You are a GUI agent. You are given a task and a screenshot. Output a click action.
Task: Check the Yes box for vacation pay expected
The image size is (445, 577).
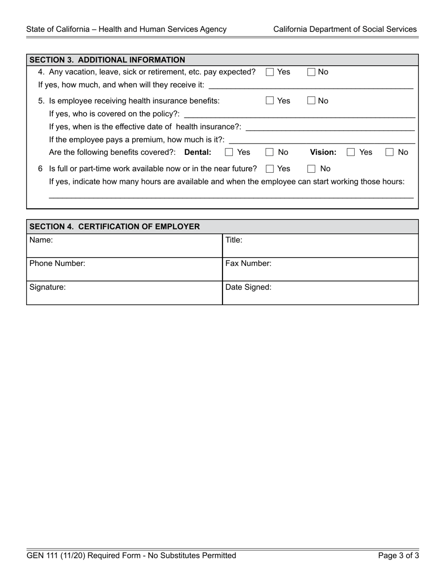tap(270, 72)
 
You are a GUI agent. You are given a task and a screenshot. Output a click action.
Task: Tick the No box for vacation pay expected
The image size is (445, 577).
tap(311, 72)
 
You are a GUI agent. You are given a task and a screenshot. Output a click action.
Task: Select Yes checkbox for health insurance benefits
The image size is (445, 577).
tap(270, 101)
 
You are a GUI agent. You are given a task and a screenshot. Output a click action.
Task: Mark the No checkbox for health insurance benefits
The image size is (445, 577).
tap(311, 101)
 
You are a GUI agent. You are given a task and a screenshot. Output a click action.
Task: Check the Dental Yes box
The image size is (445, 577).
tap(229, 152)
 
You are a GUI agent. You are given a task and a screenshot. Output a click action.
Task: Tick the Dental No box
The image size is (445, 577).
tap(270, 152)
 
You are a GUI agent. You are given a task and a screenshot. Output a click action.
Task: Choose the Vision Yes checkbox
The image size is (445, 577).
tap(351, 152)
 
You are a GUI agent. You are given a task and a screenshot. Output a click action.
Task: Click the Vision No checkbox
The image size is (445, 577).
tap(390, 152)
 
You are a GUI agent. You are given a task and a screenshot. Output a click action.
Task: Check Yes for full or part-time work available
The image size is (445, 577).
tap(270, 169)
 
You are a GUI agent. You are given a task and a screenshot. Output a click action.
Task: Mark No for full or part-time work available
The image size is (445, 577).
tap(311, 169)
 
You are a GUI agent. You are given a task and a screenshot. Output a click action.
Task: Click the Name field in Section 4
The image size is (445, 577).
tap(124, 246)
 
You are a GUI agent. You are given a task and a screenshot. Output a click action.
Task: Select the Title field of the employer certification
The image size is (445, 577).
tap(320, 246)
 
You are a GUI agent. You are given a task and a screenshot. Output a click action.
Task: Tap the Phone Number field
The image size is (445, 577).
tap(124, 270)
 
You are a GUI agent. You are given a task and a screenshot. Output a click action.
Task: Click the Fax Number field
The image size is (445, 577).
tap(320, 270)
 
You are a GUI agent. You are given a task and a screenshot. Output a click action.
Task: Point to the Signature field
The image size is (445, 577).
tap(124, 293)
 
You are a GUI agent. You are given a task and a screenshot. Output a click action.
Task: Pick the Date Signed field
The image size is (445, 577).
tap(320, 293)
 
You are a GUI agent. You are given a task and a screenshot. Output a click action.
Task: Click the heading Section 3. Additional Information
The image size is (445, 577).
tap(107, 60)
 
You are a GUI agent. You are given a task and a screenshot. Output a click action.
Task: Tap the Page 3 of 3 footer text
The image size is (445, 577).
tap(399, 556)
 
